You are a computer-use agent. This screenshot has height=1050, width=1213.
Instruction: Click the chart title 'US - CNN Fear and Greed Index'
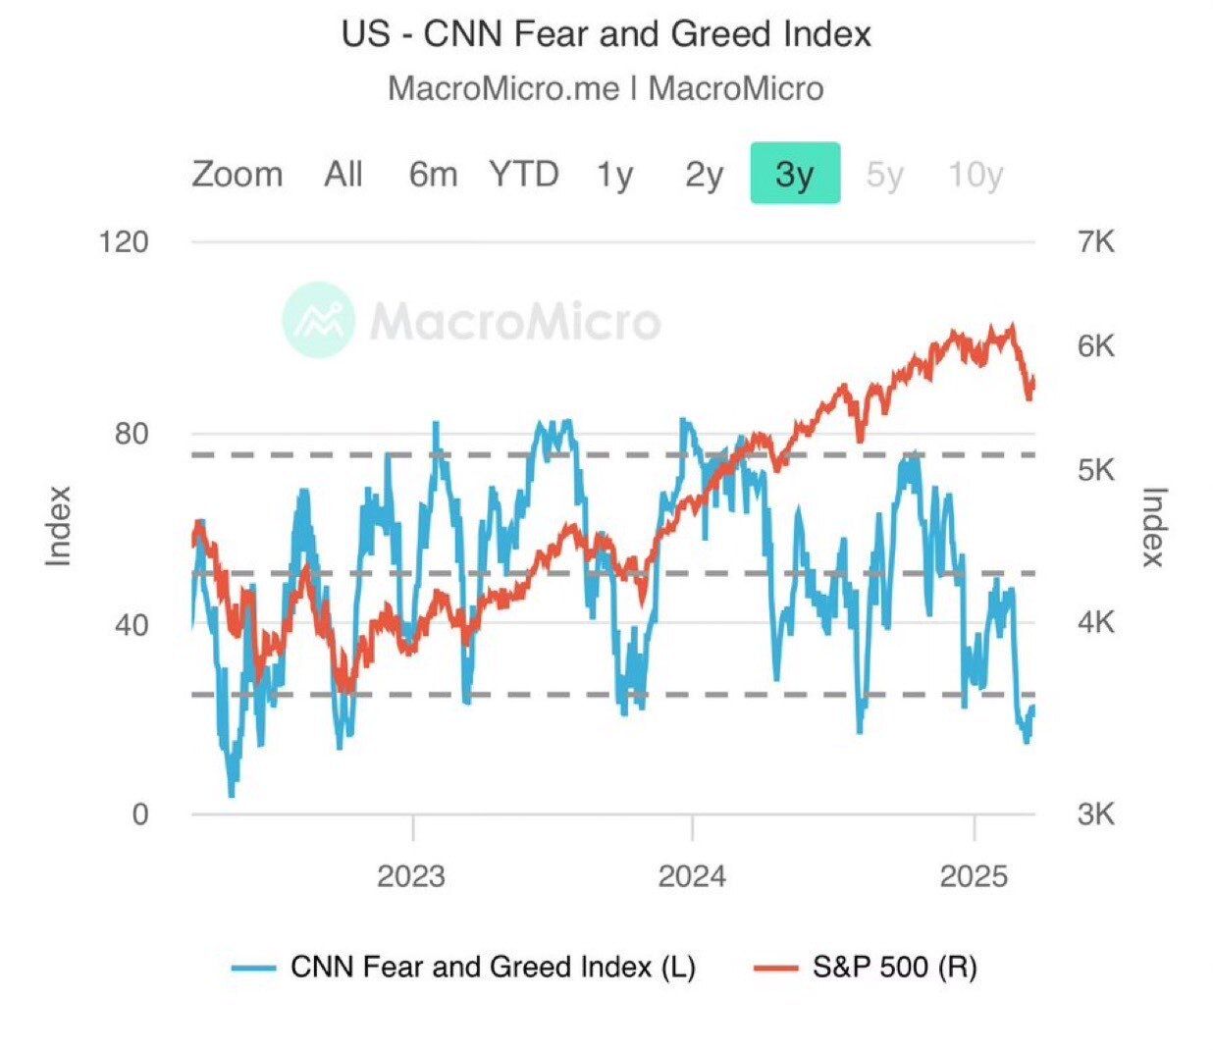tap(606, 35)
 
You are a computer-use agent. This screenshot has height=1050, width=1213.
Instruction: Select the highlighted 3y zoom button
tap(795, 174)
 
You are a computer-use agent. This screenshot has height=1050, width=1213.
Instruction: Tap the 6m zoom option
tap(433, 175)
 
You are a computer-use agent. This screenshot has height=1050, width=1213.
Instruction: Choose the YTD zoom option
tap(524, 175)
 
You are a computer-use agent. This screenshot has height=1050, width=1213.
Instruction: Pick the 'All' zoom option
tap(343, 175)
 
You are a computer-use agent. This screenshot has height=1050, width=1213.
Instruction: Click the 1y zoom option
tap(614, 175)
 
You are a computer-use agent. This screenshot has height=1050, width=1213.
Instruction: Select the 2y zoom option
tap(704, 175)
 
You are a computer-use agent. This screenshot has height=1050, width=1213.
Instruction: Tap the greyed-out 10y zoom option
tap(975, 175)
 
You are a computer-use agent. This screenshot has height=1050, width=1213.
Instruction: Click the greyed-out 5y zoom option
tap(884, 175)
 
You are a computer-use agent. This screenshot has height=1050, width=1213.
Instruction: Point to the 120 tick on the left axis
tap(124, 241)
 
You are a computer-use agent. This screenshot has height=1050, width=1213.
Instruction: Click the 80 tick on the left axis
tap(132, 434)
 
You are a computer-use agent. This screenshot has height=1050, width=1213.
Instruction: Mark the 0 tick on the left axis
tap(140, 814)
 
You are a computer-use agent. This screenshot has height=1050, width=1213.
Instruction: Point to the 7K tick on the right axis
tap(1096, 241)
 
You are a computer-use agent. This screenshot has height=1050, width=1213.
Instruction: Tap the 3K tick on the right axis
tap(1096, 814)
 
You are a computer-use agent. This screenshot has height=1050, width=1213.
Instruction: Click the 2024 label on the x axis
tap(692, 875)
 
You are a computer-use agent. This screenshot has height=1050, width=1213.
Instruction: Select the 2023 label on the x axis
tap(411, 875)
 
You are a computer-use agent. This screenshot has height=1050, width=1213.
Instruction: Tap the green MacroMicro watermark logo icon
tap(318, 319)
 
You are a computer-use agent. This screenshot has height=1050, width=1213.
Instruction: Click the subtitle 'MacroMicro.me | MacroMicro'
tap(606, 88)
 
